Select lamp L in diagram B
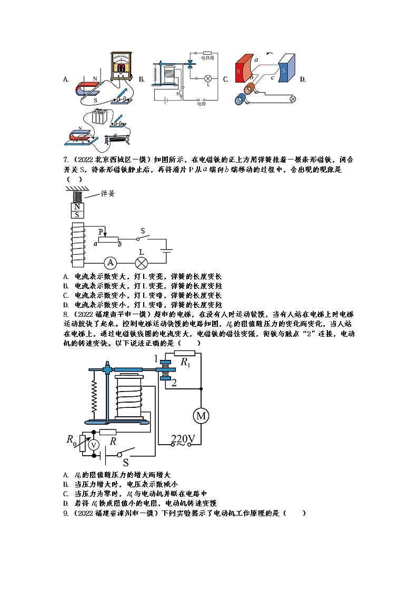tap(207, 78)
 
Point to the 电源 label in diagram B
tap(201, 104)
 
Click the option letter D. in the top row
tap(302, 79)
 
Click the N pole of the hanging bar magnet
tap(77, 207)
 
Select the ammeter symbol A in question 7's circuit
tap(110, 263)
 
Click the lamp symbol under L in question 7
tap(141, 263)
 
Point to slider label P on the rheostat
tap(101, 231)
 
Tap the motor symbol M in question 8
tap(201, 416)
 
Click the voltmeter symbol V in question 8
tap(93, 445)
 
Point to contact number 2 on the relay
tap(174, 383)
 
